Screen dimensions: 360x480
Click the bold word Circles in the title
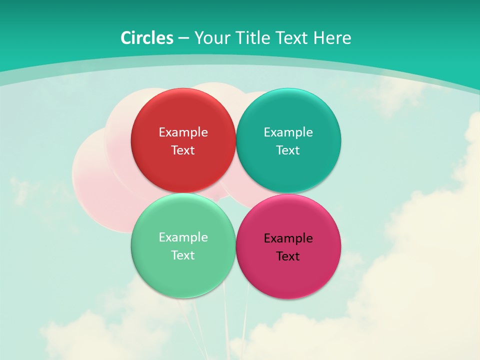point(146,38)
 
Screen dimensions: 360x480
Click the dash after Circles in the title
point(183,38)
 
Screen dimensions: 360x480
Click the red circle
point(183,115)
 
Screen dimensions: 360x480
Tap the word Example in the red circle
point(183,132)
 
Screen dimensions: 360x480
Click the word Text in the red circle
point(183,150)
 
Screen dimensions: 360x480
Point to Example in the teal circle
point(288,132)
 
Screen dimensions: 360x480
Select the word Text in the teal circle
point(288,150)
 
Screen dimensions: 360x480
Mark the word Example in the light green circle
point(183,237)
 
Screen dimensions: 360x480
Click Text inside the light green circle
point(183,255)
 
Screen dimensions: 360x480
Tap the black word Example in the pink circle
point(288,238)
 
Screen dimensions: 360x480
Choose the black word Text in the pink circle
point(288,256)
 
